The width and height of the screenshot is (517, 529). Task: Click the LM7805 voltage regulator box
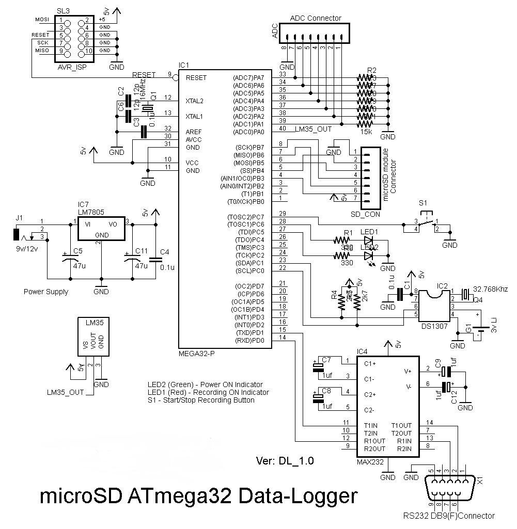pyautogui.click(x=101, y=228)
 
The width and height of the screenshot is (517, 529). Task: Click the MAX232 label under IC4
pyautogui.click(x=370, y=462)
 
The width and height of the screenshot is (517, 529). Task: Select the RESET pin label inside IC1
pyautogui.click(x=196, y=77)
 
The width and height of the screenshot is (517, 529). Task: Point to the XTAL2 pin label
pyautogui.click(x=194, y=101)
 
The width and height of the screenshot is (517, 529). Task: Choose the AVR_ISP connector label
pyautogui.click(x=72, y=67)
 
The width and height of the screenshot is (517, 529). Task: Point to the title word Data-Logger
pyautogui.click(x=299, y=496)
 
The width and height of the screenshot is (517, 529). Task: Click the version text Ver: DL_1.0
pyautogui.click(x=285, y=460)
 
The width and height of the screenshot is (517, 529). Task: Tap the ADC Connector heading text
pyautogui.click(x=316, y=18)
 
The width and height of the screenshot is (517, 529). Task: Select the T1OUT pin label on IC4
pyautogui.click(x=401, y=425)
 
